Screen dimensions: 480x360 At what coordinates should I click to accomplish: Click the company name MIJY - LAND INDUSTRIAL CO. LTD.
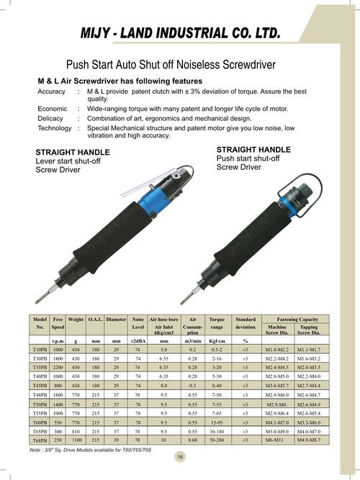click(x=180, y=34)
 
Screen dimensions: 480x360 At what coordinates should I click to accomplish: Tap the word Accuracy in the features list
click(x=53, y=92)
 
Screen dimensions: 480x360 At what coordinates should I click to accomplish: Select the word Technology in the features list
click(x=56, y=127)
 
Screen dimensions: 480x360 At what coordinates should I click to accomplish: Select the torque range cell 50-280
click(x=216, y=438)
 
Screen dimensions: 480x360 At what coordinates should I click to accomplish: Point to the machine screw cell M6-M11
click(x=276, y=438)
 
